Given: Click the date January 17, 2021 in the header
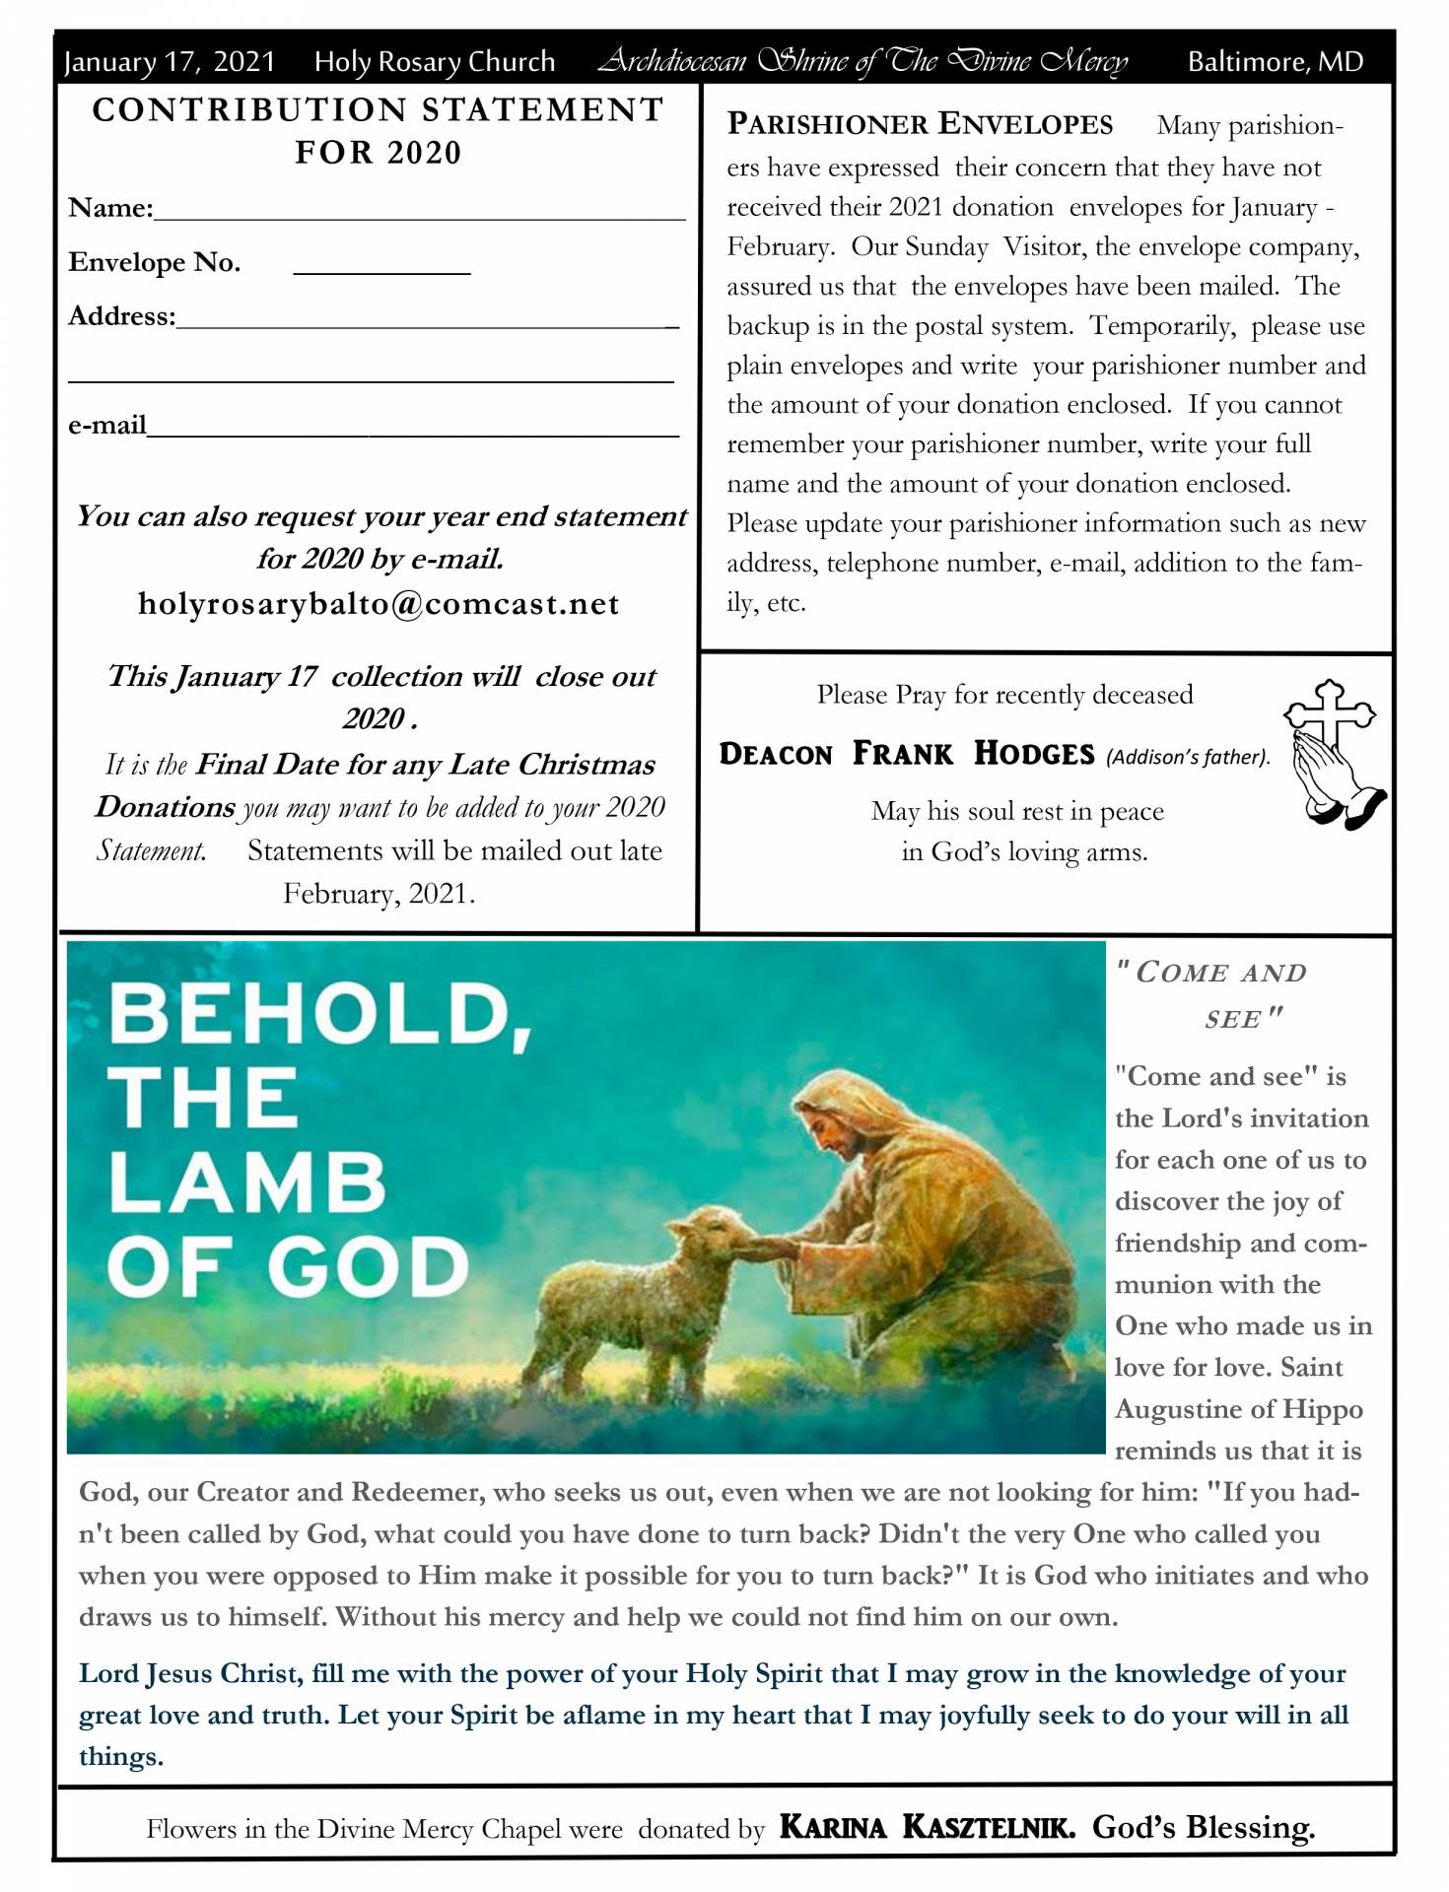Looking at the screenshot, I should coord(169,62).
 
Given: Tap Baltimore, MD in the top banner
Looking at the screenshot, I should coord(1275,62).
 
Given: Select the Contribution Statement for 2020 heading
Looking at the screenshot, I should coord(379,130).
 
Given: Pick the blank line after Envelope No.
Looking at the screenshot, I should coord(381,266).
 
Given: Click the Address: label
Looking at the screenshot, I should coord(121,316).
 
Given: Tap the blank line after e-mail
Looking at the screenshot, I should coord(413,429).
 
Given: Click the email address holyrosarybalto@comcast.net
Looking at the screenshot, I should coord(379,603).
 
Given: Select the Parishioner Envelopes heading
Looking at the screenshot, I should coord(920,124).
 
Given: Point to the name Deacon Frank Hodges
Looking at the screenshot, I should coord(907,754).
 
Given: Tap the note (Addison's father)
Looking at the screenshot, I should coord(1188,757).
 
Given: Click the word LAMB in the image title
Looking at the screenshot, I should coord(246,1182).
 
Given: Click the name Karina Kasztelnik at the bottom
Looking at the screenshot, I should coord(927,1828).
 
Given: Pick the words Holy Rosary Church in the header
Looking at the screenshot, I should coord(435,62).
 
